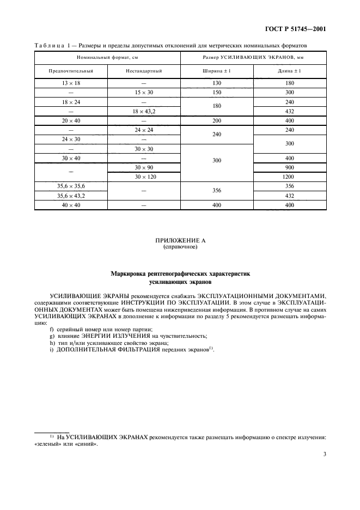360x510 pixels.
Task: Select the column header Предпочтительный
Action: [71, 71]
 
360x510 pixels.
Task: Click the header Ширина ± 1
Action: [217, 71]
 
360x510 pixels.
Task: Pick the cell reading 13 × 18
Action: [71, 83]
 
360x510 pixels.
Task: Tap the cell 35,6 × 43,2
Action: [71, 195]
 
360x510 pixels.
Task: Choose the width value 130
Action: [217, 83]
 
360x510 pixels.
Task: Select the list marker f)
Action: [51, 329]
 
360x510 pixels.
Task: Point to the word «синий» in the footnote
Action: [87, 444]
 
